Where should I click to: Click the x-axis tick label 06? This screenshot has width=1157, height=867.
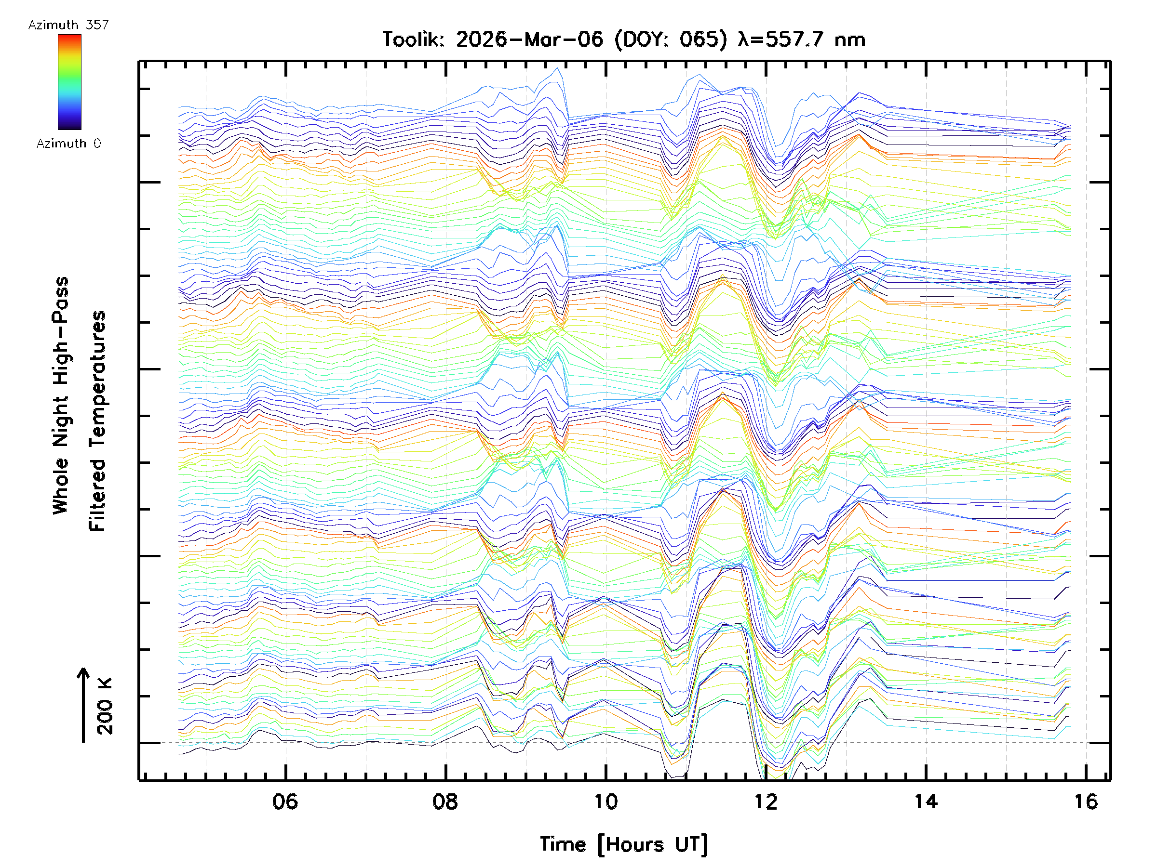(285, 801)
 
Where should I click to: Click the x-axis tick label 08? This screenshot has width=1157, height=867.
(445, 801)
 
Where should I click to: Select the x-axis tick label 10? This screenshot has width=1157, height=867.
(605, 801)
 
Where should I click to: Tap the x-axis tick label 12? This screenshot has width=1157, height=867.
(766, 801)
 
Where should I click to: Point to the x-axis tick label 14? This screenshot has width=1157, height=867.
(926, 801)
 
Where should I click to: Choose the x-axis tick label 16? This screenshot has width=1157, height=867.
(1086, 801)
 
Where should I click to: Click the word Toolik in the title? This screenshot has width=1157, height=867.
(413, 39)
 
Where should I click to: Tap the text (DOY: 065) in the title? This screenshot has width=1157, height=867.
(671, 39)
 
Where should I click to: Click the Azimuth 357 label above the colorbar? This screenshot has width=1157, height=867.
(68, 25)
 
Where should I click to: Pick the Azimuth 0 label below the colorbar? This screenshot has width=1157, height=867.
(68, 144)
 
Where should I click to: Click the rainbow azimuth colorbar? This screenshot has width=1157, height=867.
(69, 82)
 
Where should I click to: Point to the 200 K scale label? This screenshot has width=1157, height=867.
(105, 707)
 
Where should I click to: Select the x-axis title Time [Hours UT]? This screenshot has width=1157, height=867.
(623, 844)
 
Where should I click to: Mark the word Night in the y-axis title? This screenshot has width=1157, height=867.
(61, 421)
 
